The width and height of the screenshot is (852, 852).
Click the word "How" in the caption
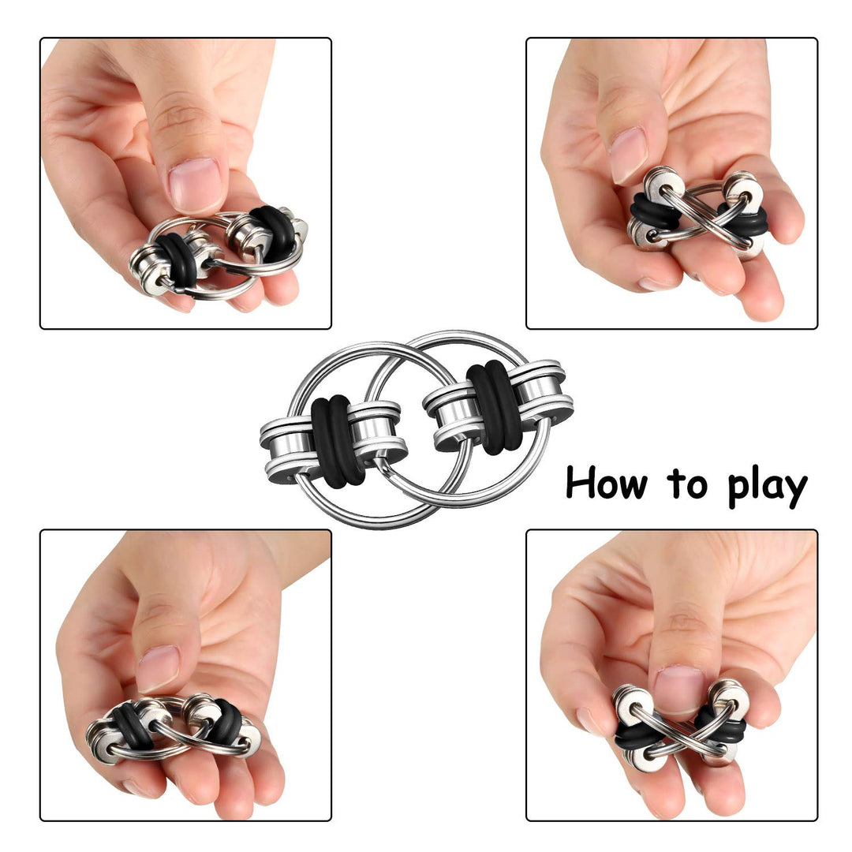click(x=607, y=483)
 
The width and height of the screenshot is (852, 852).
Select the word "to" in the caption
click(x=688, y=484)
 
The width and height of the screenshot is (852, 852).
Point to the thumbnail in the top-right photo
click(x=628, y=155)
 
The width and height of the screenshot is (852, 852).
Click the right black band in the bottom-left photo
click(x=224, y=720)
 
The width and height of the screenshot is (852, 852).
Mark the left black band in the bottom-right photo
click(x=637, y=737)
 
